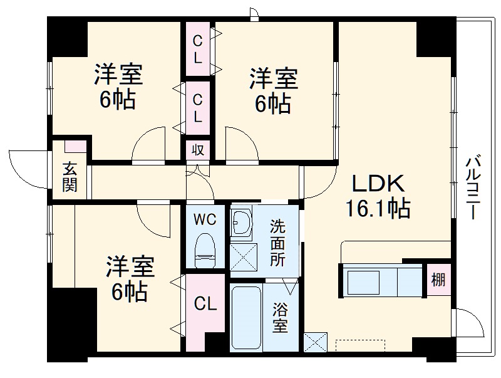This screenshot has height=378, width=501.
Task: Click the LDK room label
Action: pos(379,183)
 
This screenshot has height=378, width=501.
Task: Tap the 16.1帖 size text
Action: pos(378,207)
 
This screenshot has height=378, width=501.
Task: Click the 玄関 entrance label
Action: pos(70,177)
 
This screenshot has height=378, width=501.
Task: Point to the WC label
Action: pos(204,220)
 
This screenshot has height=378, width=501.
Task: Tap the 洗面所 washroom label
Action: pos(277,243)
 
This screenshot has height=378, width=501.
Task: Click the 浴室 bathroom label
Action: pos(280,317)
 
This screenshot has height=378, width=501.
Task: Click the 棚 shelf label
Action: pos(438,280)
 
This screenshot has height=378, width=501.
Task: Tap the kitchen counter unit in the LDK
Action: pos(382,280)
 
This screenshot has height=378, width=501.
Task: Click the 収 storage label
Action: pos(197,150)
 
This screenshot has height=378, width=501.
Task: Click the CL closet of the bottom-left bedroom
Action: pos(205,305)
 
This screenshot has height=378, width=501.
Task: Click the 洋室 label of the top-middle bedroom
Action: pos(273,80)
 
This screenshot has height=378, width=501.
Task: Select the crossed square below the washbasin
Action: pos(242,257)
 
